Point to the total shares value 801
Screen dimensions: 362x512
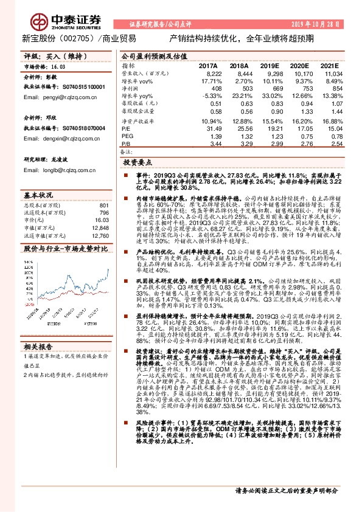pos(103,206)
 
